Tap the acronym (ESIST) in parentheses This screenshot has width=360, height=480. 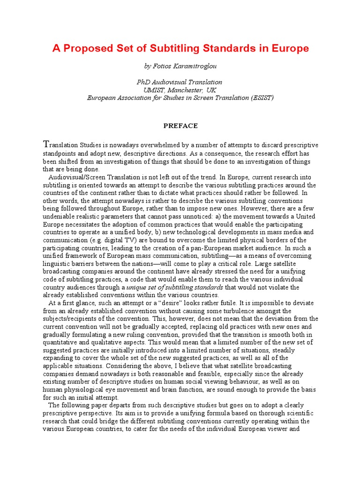261,97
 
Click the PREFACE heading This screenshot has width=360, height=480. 180,126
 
